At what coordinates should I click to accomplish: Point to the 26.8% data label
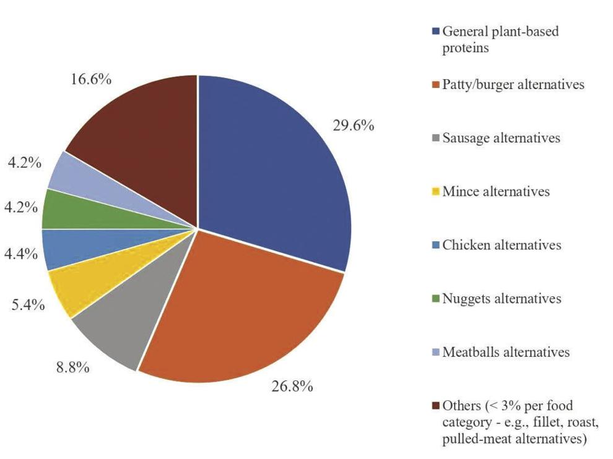point(292,387)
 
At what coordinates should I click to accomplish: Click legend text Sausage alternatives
point(501,138)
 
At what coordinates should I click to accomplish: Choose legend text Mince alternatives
point(495,191)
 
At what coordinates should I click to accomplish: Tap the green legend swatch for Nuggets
point(436,299)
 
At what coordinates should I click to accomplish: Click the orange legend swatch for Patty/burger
point(436,85)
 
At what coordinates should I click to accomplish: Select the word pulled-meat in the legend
point(474,440)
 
